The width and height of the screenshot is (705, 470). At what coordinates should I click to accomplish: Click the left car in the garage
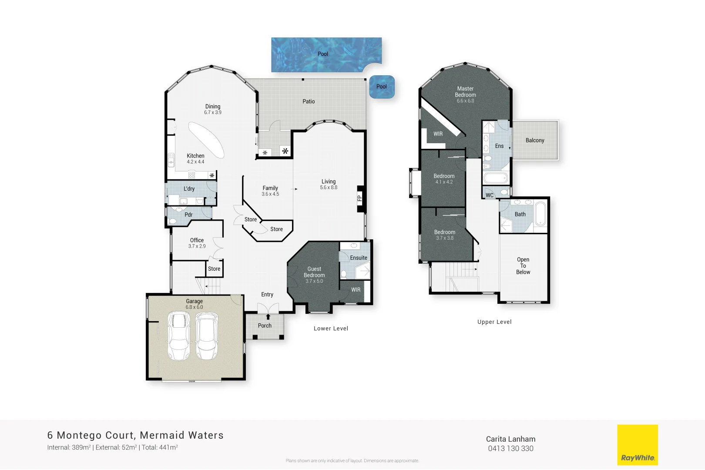(179, 336)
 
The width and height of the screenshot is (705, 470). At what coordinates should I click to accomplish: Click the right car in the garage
(207, 336)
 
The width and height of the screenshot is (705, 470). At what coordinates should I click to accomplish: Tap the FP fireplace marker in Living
(360, 199)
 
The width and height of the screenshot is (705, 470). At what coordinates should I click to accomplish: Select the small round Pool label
(381, 87)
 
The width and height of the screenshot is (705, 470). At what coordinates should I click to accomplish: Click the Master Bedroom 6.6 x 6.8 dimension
(465, 101)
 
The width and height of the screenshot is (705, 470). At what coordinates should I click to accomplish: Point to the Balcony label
(534, 140)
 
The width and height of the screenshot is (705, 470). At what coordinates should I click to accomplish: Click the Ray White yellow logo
(637, 445)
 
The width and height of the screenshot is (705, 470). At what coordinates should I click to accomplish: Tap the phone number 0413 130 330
(510, 449)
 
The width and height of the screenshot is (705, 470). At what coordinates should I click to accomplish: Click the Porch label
(265, 326)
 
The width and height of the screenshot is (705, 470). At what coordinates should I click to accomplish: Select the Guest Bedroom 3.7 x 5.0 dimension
(314, 281)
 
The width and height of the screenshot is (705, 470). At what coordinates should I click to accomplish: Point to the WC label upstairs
(490, 195)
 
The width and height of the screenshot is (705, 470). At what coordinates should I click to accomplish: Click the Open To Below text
(523, 265)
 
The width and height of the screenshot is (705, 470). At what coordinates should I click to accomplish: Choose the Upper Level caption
(494, 322)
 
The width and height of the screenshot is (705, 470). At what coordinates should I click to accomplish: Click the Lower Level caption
(331, 329)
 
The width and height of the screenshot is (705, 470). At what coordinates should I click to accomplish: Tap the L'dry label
(189, 188)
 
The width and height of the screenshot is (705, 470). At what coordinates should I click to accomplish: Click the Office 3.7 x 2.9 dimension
(197, 246)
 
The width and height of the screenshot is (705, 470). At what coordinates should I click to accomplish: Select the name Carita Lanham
(510, 439)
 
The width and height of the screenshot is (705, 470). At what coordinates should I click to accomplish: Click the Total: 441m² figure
(160, 447)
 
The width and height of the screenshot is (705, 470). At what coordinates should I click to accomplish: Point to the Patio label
(309, 101)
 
